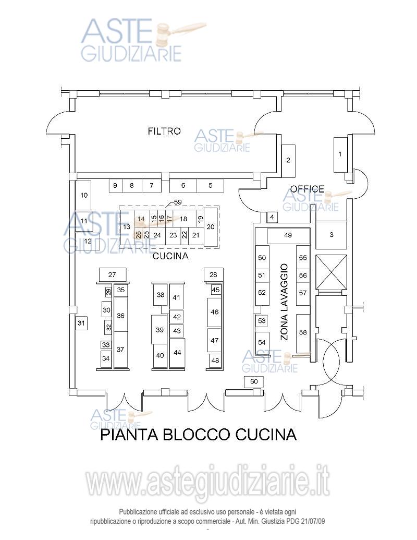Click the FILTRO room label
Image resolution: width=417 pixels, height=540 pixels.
click(x=164, y=131)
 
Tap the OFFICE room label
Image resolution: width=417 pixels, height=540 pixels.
click(x=307, y=189)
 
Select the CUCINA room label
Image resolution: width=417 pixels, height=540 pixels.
click(x=170, y=257)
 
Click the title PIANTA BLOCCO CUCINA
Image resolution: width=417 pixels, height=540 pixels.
click(x=198, y=434)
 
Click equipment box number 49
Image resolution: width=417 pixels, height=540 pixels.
click(x=288, y=235)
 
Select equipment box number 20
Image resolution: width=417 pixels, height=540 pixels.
click(x=211, y=227)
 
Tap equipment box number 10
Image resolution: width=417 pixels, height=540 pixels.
click(x=83, y=195)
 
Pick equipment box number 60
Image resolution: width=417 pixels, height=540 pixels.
click(x=254, y=381)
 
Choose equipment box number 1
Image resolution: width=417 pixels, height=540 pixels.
click(x=340, y=154)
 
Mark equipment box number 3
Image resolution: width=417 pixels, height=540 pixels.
click(x=332, y=235)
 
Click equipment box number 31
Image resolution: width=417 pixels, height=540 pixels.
click(x=81, y=323)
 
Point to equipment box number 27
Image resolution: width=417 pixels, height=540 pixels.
click(x=112, y=274)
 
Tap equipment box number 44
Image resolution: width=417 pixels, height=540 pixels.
click(x=177, y=353)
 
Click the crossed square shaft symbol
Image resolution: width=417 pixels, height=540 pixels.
click(x=331, y=271)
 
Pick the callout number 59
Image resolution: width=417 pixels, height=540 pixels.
click(x=178, y=202)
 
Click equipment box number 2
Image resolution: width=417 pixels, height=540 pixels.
click(x=288, y=160)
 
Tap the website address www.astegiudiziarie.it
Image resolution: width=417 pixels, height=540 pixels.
click(x=207, y=483)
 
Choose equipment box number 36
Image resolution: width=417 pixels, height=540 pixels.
click(x=120, y=315)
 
